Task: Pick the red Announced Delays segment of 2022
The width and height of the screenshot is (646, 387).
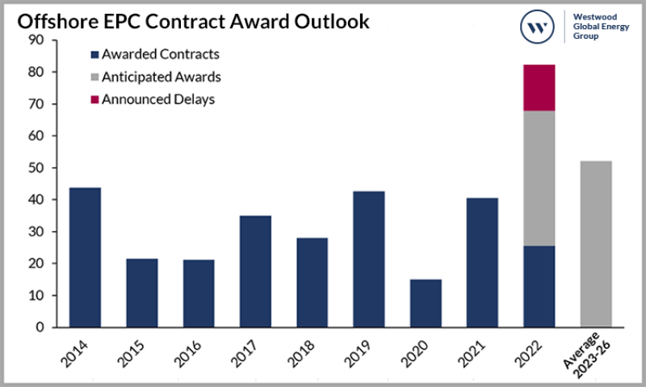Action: click(x=539, y=87)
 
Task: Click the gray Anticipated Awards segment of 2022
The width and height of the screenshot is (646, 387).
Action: click(x=539, y=178)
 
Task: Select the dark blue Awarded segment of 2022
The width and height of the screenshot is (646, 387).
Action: click(x=539, y=287)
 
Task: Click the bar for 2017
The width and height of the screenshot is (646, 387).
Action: click(x=256, y=271)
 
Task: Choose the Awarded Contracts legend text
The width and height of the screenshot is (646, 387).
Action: click(x=161, y=55)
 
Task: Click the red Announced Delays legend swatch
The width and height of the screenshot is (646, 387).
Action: click(x=94, y=100)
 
